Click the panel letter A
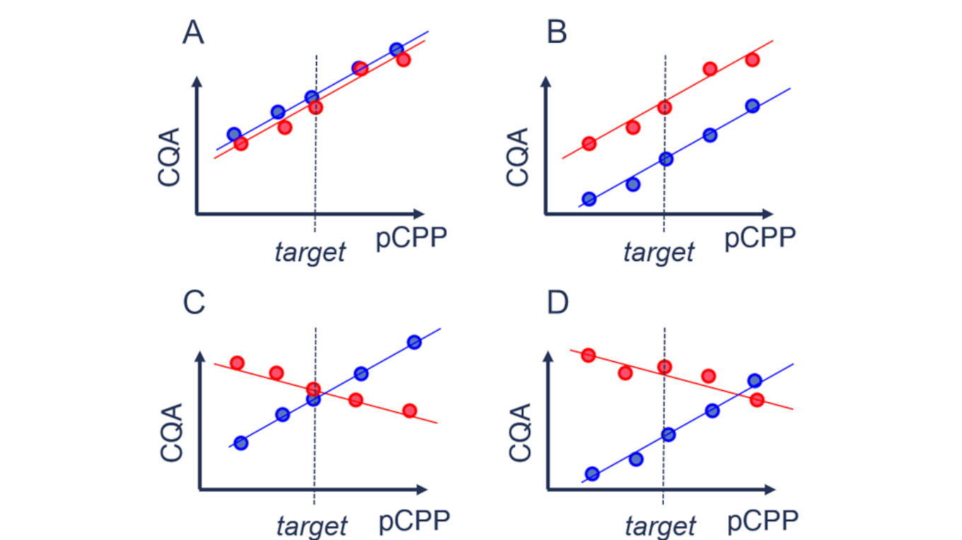(x=193, y=33)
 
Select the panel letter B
(x=557, y=33)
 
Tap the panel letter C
(x=194, y=303)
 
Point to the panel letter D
(x=557, y=303)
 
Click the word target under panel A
(x=311, y=252)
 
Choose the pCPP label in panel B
(x=760, y=239)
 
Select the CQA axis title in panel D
(x=520, y=433)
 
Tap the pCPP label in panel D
(x=763, y=522)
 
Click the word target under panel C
(x=312, y=526)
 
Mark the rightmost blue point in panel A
(x=396, y=49)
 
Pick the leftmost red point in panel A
(x=240, y=143)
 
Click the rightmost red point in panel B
(x=752, y=59)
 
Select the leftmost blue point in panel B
(x=589, y=199)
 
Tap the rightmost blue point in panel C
(x=415, y=343)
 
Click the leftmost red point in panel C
(x=237, y=363)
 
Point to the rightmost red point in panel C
(x=410, y=411)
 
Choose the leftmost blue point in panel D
(x=593, y=474)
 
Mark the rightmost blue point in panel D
(x=755, y=381)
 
